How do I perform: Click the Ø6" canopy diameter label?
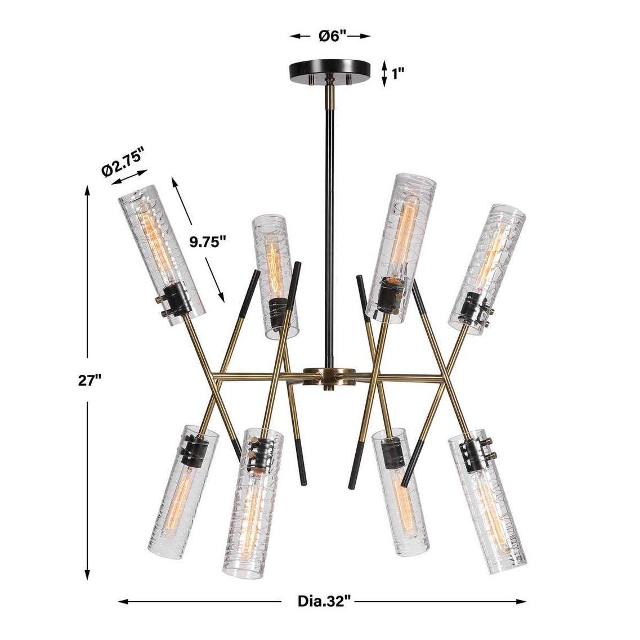click(332, 36)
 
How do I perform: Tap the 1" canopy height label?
click(398, 74)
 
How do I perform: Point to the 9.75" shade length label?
click(208, 242)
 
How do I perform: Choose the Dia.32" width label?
click(324, 601)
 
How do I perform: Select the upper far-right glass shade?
click(487, 269)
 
